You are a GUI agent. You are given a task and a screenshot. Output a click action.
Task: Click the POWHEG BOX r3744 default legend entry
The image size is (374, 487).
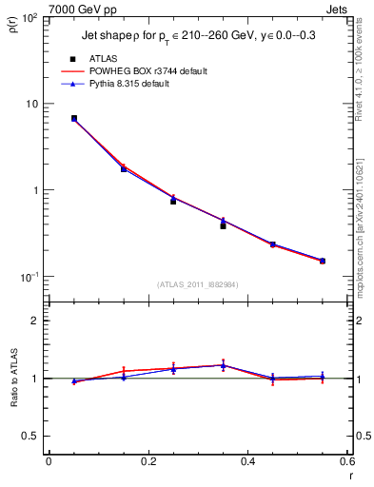[148, 71]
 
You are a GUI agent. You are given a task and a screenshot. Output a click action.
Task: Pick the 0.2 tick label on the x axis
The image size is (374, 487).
[148, 462]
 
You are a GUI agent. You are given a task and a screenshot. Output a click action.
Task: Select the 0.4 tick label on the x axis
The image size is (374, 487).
[247, 462]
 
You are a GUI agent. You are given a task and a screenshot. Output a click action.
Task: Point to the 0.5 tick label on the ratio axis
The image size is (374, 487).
[33, 436]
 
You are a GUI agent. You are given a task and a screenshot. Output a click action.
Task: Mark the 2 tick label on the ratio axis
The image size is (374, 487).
[38, 321]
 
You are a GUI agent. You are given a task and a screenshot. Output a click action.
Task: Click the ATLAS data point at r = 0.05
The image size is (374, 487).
[73, 119]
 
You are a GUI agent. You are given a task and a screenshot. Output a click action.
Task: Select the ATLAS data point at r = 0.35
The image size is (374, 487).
[223, 225]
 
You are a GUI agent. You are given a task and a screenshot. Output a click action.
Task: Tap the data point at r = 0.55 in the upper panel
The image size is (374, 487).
[323, 261]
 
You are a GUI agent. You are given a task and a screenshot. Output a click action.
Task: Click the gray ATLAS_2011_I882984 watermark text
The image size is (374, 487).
[197, 284]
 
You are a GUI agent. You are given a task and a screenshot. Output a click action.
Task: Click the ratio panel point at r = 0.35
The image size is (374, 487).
[223, 365]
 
